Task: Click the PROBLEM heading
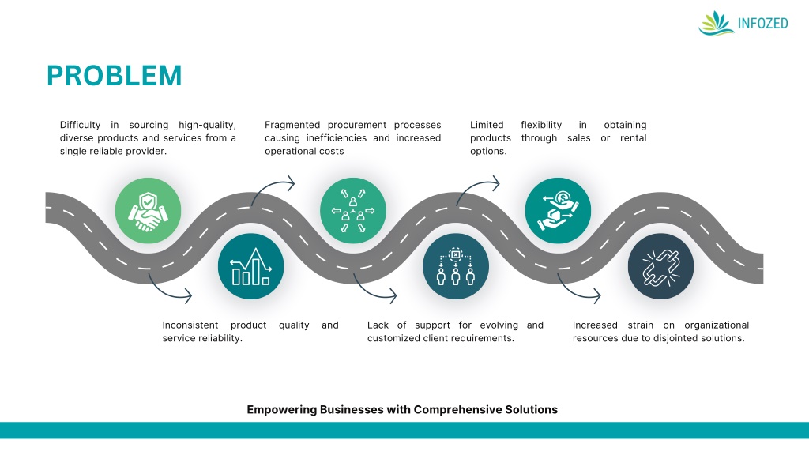coord(114,76)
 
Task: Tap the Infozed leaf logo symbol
coord(716,23)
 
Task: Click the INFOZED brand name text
coord(762,24)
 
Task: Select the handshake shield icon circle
coord(148,211)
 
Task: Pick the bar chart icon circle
coord(250,266)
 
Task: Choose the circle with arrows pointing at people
coord(352,211)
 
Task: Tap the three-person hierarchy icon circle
coord(455,266)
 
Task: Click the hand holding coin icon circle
coord(558,211)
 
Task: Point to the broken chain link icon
coord(660,266)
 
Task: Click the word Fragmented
coord(292,125)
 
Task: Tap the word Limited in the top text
coord(487,125)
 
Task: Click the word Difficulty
coord(80,125)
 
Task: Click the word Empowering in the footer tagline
coord(282,409)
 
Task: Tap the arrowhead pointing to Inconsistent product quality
coord(188,297)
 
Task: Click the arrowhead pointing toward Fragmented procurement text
coord(291,183)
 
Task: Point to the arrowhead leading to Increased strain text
coord(596,297)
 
